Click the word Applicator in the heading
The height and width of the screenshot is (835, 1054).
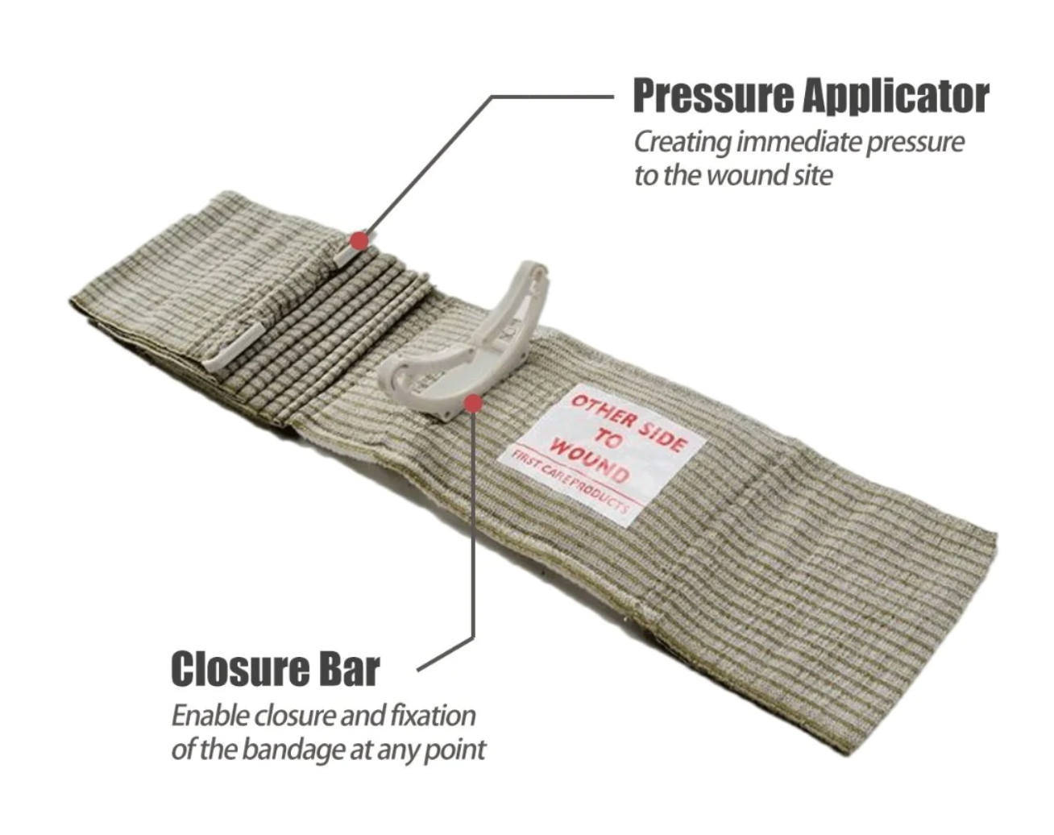point(896,97)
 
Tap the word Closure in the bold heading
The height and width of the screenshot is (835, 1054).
point(240,669)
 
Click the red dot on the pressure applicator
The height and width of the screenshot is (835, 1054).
point(359,241)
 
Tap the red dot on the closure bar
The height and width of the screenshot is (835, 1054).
point(473,403)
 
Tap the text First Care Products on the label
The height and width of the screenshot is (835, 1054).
point(569,484)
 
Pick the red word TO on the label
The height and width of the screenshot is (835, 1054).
point(608,438)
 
